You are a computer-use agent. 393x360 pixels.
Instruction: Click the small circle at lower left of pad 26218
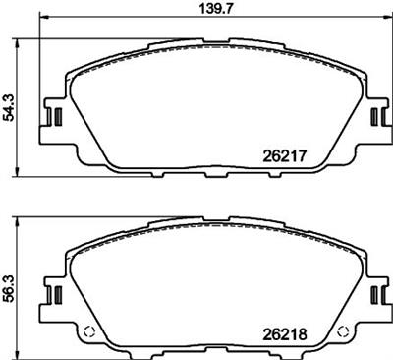[86, 330]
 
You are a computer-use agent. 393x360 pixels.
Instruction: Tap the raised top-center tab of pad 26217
[211, 42]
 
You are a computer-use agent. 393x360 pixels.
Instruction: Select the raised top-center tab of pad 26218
[211, 221]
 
